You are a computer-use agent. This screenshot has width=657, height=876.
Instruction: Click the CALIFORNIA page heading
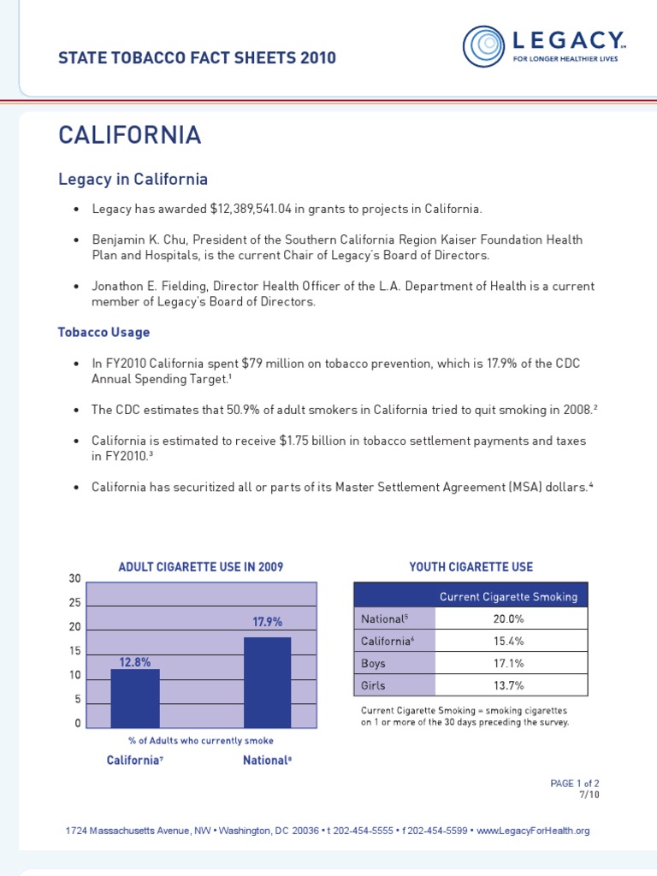tap(129, 135)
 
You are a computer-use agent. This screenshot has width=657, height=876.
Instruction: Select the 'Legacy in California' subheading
tap(133, 180)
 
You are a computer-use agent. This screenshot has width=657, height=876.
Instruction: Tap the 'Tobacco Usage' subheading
tap(104, 332)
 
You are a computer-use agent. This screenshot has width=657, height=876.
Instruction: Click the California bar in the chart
tap(135, 698)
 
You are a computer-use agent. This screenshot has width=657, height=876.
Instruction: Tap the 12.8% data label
tap(135, 661)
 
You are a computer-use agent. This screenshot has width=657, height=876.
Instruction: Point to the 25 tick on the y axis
tap(74, 603)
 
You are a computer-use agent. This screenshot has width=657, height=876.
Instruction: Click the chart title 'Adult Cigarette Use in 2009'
tap(201, 567)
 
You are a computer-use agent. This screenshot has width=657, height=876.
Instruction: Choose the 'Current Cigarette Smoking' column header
tap(508, 596)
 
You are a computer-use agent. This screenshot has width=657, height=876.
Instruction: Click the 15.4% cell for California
tap(511, 641)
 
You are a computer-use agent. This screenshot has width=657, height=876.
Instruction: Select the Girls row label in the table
tap(373, 685)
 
